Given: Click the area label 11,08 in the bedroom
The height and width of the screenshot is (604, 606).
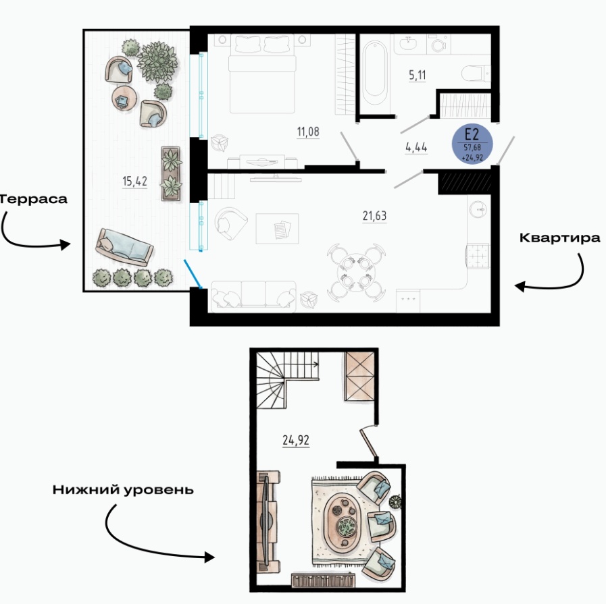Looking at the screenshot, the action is tap(308, 132).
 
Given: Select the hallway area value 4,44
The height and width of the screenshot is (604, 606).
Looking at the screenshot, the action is tap(416, 147).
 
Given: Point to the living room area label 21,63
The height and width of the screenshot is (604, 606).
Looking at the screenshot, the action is tap(374, 216).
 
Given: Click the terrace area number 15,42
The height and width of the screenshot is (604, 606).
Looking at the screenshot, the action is tap(134, 181).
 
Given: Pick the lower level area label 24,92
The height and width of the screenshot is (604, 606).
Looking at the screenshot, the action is tap(296, 440).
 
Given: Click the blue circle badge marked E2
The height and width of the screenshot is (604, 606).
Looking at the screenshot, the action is tap(472, 144).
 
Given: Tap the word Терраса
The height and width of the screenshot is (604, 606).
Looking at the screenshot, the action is tap(33, 199).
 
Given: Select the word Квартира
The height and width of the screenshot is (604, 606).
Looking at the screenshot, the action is tap(559, 238).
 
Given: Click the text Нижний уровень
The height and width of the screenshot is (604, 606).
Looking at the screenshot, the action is tap(123, 490).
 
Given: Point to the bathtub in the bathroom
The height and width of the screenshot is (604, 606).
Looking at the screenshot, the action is tap(374, 74).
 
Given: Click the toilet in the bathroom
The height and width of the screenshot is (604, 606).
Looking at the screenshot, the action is tap(476, 74).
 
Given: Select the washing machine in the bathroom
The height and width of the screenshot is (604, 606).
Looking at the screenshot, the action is tap(438, 44).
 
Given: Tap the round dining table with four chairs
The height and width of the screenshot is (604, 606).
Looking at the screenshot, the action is tap(356, 273).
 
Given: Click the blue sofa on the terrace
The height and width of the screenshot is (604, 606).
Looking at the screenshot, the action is tap(124, 248).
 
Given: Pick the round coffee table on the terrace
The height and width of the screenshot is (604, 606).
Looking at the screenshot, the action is tap(124, 98).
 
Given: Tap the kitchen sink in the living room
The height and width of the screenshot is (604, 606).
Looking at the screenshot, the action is tap(478, 210).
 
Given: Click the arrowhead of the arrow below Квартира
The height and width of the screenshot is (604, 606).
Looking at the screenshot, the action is tap(520, 286).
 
